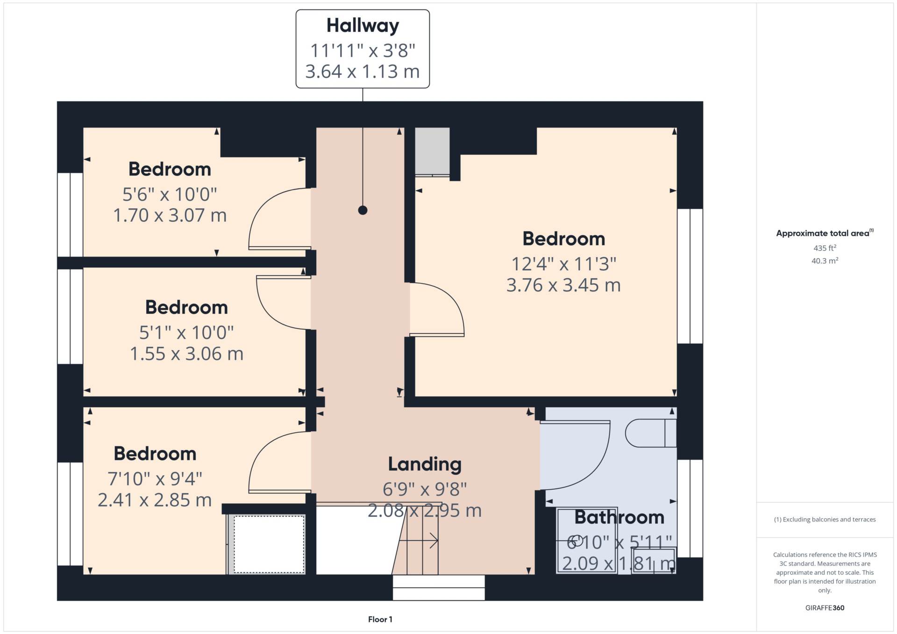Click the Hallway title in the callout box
tap(363, 26)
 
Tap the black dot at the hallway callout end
tap(363, 210)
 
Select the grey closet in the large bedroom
tap(433, 152)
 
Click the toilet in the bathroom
tap(650, 433)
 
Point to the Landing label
tap(425, 464)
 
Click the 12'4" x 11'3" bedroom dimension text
tap(564, 264)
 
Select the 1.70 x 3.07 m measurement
tap(170, 215)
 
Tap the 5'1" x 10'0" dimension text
tap(186, 333)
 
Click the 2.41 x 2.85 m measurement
tap(155, 500)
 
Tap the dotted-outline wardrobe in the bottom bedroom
tap(269, 544)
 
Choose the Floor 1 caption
tap(380, 620)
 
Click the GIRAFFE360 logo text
tap(825, 608)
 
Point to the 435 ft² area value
tap(825, 248)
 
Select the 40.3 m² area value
tap(825, 261)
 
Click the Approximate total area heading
tap(825, 233)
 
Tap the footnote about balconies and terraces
tap(825, 520)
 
